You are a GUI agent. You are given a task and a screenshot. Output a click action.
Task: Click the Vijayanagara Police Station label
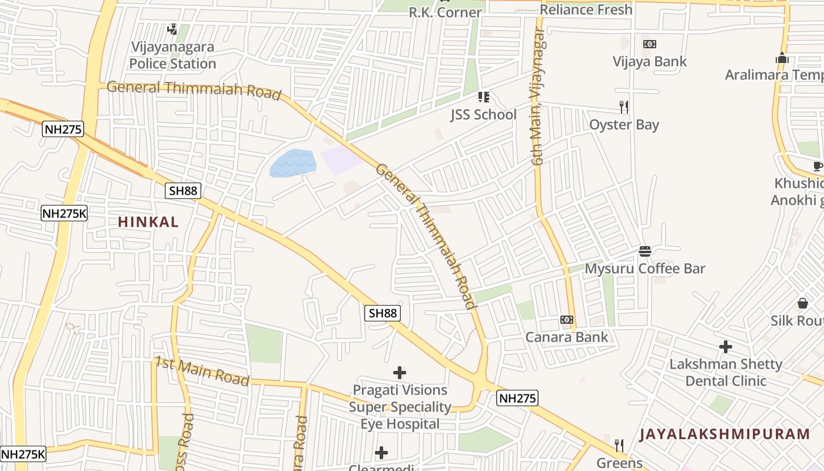(172, 55)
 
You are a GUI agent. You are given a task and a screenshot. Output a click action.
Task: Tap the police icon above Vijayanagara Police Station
(172, 29)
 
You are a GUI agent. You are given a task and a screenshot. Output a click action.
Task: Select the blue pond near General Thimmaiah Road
(293, 163)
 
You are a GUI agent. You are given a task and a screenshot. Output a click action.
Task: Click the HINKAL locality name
(148, 222)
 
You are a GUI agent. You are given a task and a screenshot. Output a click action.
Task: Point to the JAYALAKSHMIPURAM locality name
(725, 434)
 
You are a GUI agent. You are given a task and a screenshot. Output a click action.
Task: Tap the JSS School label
(483, 114)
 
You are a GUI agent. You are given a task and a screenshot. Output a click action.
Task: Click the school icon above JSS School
(483, 97)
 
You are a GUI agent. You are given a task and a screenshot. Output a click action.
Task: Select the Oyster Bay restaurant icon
(624, 107)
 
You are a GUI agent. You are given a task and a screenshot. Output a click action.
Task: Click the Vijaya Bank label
(649, 61)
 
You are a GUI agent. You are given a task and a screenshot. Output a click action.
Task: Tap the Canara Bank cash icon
(567, 320)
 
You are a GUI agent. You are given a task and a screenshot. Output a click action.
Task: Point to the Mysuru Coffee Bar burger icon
(644, 251)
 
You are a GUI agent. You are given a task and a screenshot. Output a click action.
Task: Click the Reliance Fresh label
(586, 9)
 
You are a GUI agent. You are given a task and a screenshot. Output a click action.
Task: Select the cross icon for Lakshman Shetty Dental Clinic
(725, 347)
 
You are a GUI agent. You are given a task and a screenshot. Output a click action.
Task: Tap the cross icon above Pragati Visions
(400, 372)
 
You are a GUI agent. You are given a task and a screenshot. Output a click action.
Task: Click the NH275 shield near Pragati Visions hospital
(517, 399)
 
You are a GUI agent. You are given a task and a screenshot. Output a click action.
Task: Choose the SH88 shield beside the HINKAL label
(183, 190)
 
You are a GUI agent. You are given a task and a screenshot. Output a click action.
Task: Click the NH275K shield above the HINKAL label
(64, 213)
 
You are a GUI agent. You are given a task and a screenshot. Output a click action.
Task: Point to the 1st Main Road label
(201, 371)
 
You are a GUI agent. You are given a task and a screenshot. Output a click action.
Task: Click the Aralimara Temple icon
(782, 58)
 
